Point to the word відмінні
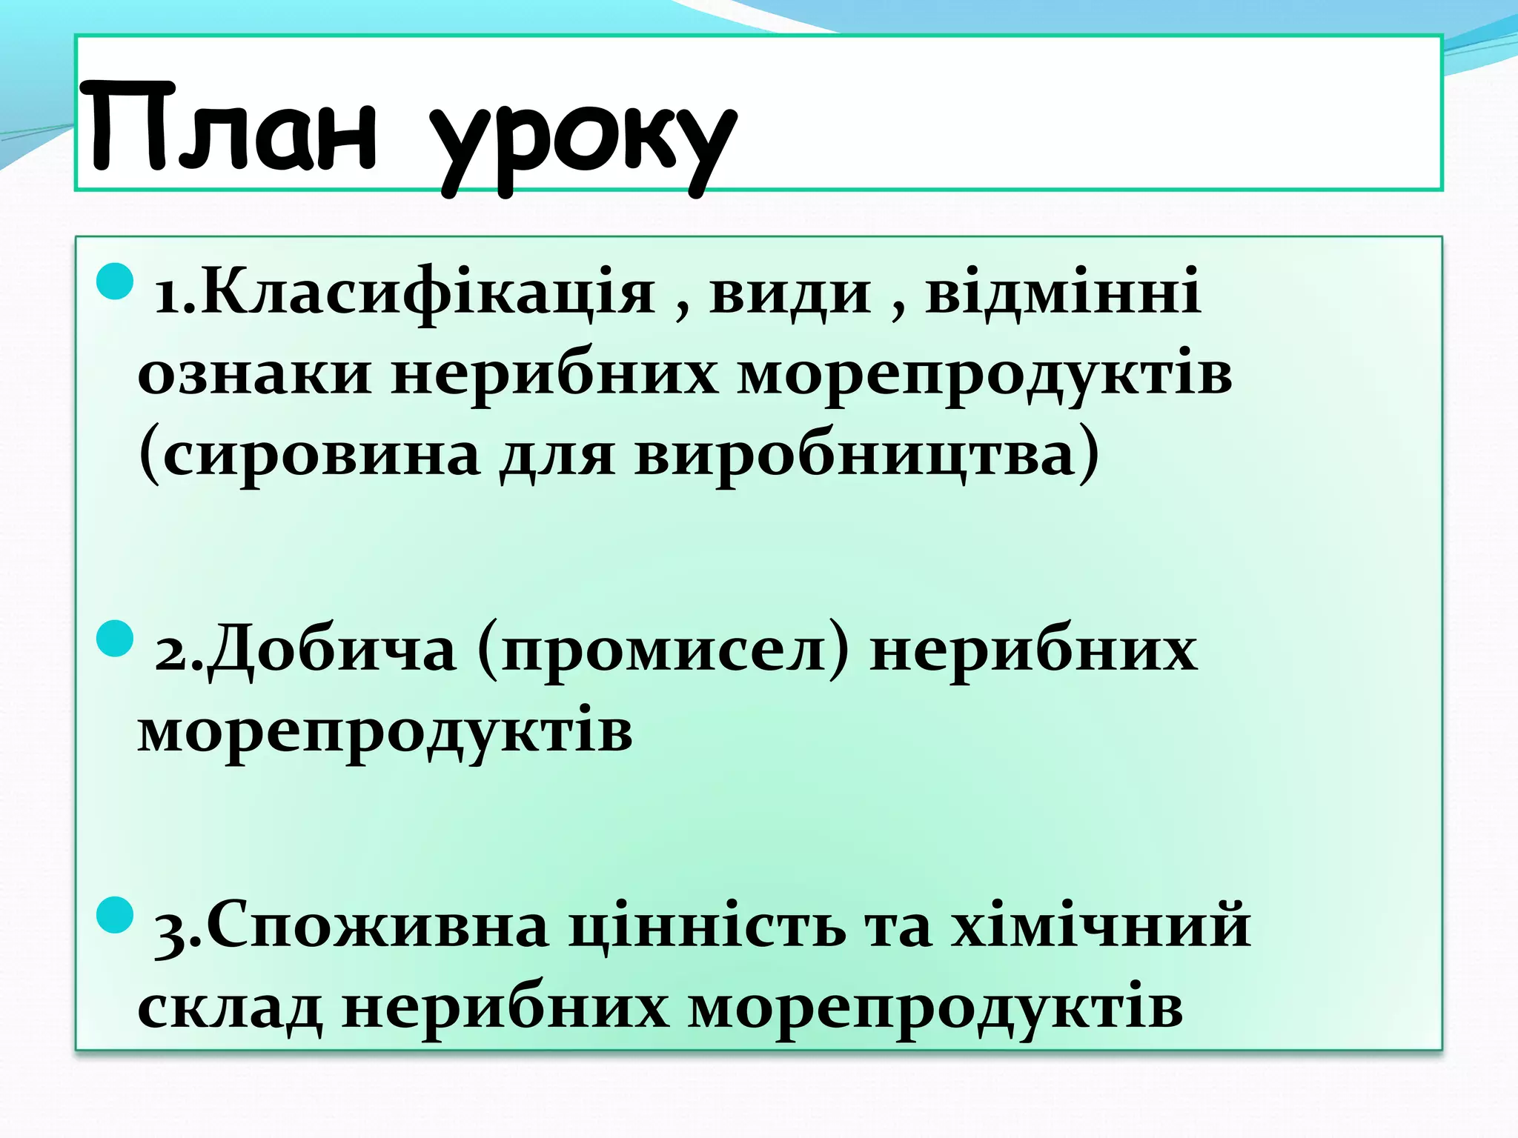(x=1063, y=291)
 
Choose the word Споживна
(x=377, y=926)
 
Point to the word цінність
(x=708, y=926)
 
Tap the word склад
(x=231, y=1008)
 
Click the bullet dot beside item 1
(x=115, y=282)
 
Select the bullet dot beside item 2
(x=115, y=639)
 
